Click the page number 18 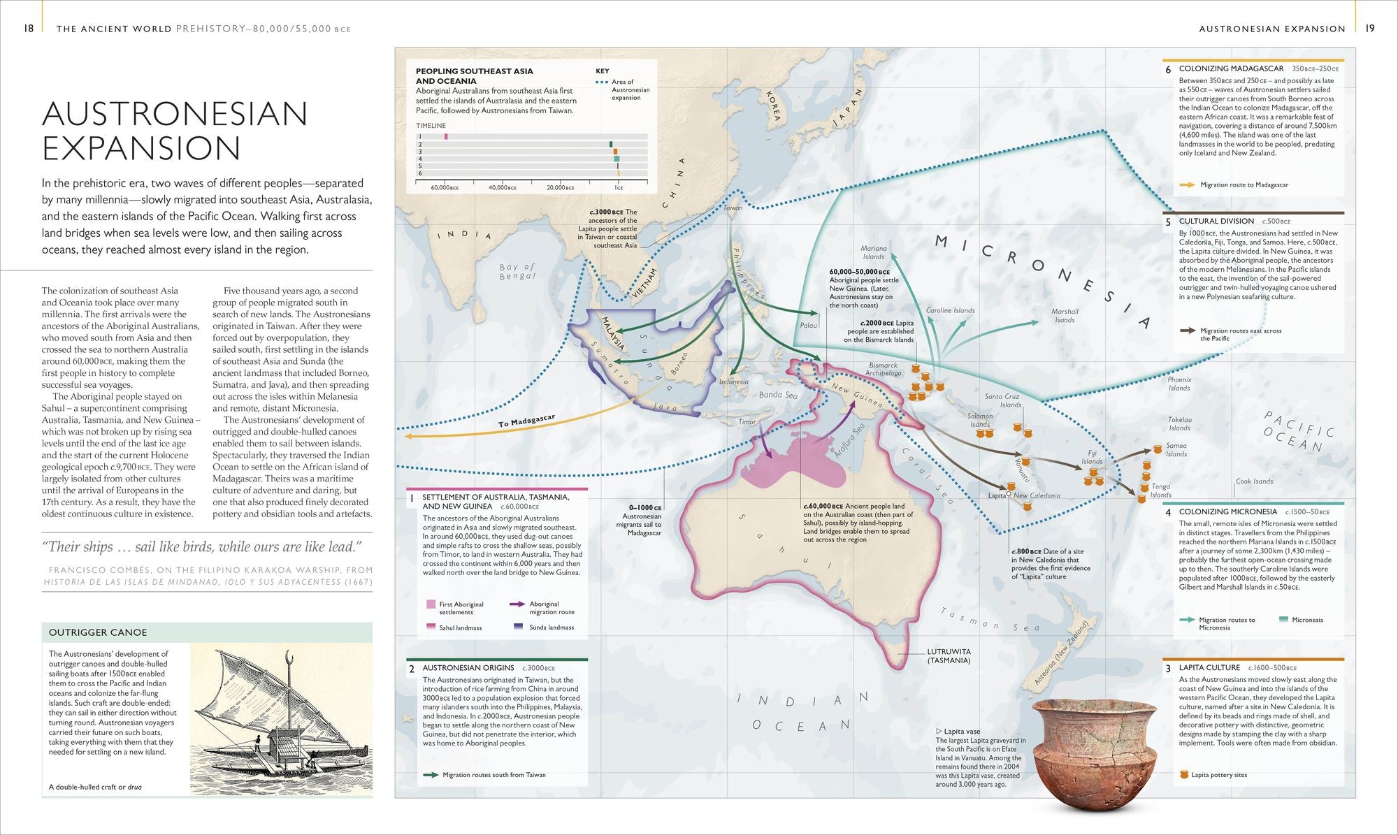coord(29,29)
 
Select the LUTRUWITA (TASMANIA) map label coord(949,655)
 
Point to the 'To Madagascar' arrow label coord(526,421)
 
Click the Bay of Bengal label coord(517,271)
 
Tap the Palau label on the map coord(808,326)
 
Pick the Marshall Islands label coord(1065,316)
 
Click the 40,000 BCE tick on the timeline coord(503,187)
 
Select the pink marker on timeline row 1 coord(446,136)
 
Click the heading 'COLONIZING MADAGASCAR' coord(1231,68)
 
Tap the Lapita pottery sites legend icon coord(1184,774)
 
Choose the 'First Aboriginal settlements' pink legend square coord(431,604)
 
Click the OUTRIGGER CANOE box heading coord(98,632)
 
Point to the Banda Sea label coord(778,395)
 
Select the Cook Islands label coord(1254,481)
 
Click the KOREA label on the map coord(772,105)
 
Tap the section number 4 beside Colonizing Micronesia coord(1168,512)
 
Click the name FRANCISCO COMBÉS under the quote coord(97,570)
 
